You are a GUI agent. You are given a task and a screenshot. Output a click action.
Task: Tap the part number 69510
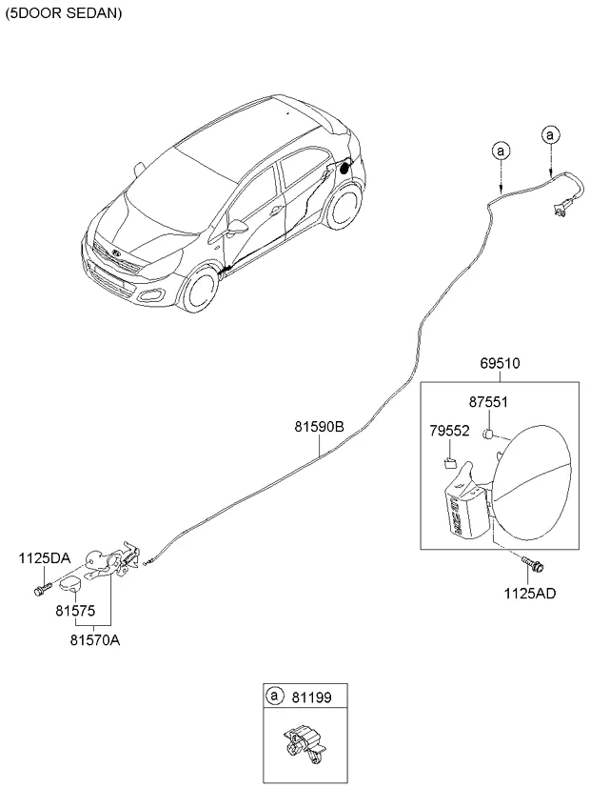(x=499, y=365)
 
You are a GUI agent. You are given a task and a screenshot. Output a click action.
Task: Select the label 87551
(x=488, y=402)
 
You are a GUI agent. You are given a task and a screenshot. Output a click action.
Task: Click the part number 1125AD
(x=530, y=593)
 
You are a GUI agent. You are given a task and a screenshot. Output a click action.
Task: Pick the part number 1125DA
(x=42, y=557)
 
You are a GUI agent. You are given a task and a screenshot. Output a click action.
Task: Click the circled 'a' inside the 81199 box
(x=275, y=697)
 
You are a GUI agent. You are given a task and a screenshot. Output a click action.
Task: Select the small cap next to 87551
(x=486, y=434)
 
